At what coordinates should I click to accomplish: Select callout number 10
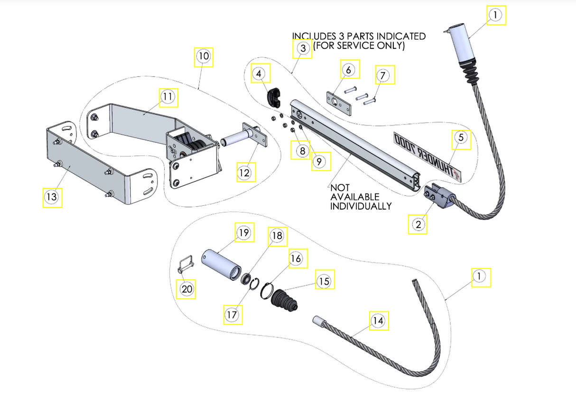204,56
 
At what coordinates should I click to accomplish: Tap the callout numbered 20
186,289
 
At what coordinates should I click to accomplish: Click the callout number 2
418,224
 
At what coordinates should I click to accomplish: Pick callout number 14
377,321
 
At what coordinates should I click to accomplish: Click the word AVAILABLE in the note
354,197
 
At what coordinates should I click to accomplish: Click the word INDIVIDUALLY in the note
361,206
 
